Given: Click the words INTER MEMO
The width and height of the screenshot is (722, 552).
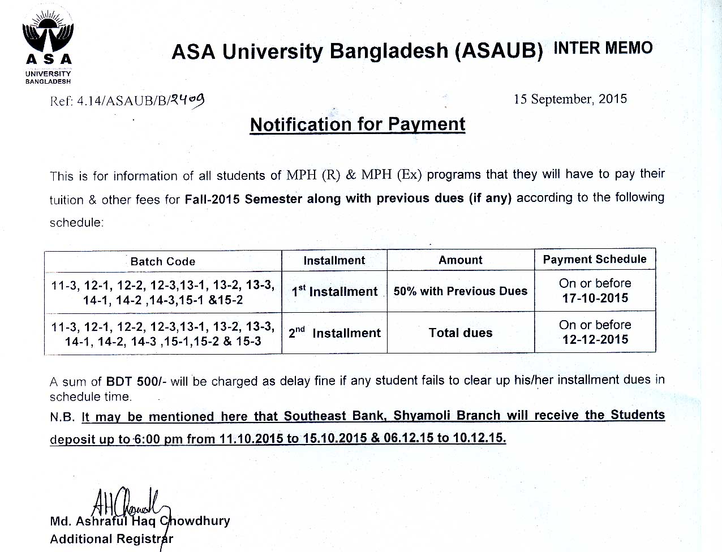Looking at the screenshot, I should pos(603,48).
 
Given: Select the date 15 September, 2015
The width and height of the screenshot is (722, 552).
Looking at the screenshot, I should pos(570,99).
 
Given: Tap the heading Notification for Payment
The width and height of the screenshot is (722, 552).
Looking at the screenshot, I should pos(358,124).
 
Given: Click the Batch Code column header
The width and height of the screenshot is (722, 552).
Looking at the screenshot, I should pos(163,261).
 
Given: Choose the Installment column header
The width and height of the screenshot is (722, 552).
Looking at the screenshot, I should pos(334,260).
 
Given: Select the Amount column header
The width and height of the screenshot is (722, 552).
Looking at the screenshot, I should pos(461,260).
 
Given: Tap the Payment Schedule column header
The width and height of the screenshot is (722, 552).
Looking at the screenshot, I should pos(594,259).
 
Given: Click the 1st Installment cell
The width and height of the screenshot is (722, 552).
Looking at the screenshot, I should pos(334,291).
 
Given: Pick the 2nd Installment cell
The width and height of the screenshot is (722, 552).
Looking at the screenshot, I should pos(334,333).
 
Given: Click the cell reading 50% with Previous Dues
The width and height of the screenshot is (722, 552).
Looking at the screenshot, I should pos(461,291).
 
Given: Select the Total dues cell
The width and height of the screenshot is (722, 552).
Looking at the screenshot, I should pos(461,333).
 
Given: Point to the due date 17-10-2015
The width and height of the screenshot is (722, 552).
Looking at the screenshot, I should pos(595,298).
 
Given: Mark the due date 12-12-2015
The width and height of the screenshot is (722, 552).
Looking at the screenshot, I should pos(595,339).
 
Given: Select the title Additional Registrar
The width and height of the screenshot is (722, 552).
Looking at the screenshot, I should pos(111,539).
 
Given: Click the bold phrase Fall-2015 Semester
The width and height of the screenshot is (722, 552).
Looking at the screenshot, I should pos(243,199).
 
